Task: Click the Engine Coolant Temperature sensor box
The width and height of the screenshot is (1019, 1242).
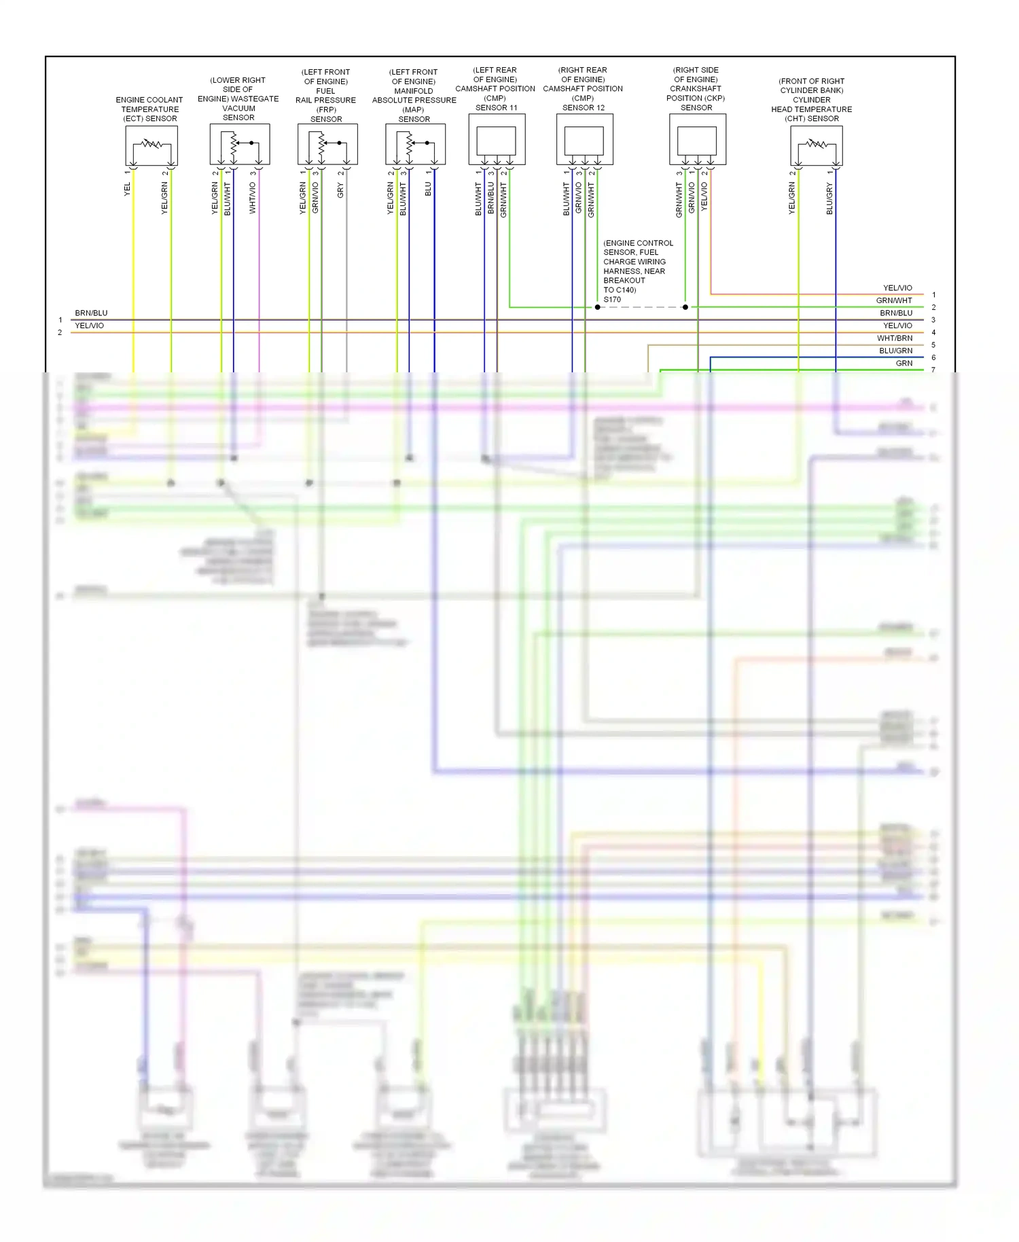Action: point(151,145)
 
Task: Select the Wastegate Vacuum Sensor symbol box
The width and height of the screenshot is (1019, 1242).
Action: point(240,143)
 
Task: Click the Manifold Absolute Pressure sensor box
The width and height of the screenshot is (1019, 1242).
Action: point(415,143)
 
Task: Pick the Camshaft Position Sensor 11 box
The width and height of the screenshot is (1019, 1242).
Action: point(497,139)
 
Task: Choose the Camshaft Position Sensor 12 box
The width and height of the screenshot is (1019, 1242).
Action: point(584,139)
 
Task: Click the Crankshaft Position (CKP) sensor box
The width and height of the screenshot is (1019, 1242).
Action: point(698,139)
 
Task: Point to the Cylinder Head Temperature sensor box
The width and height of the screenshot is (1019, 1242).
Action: point(817,145)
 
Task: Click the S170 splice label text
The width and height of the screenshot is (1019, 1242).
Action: point(612,299)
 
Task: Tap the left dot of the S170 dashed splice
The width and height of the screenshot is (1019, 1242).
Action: point(598,307)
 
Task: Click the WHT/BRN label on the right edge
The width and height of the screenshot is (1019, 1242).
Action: point(895,338)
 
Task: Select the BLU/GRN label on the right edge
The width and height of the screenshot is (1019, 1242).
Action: point(895,351)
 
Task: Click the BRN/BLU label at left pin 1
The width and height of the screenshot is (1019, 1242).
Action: point(91,313)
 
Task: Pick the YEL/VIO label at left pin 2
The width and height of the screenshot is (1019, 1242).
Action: point(89,325)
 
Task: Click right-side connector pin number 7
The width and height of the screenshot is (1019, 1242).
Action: point(933,370)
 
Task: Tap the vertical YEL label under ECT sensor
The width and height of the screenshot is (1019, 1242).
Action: point(127,190)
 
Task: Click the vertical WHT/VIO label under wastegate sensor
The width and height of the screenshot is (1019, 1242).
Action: point(253,198)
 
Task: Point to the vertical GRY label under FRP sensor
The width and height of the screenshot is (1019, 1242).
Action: point(340,191)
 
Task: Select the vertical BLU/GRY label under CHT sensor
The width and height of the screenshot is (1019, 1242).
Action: point(829,198)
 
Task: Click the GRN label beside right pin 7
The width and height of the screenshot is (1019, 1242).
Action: point(904,363)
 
